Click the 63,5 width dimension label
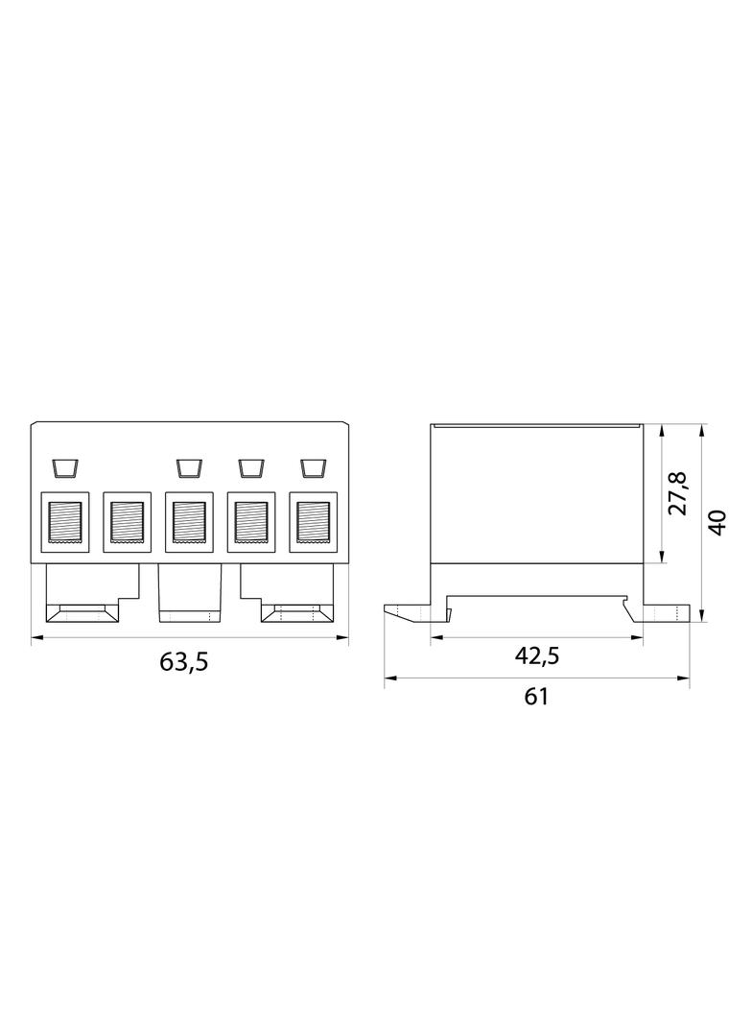(184, 661)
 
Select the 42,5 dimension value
(537, 655)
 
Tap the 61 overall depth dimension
(536, 697)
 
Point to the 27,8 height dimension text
(678, 493)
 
